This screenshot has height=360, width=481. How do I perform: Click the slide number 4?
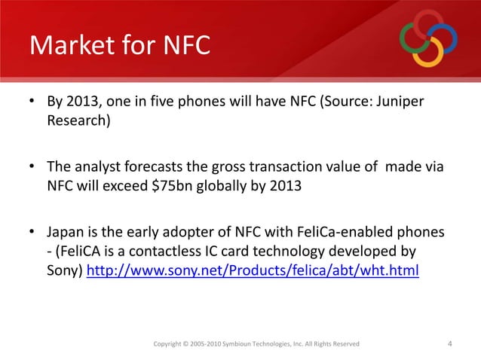[450, 344]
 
